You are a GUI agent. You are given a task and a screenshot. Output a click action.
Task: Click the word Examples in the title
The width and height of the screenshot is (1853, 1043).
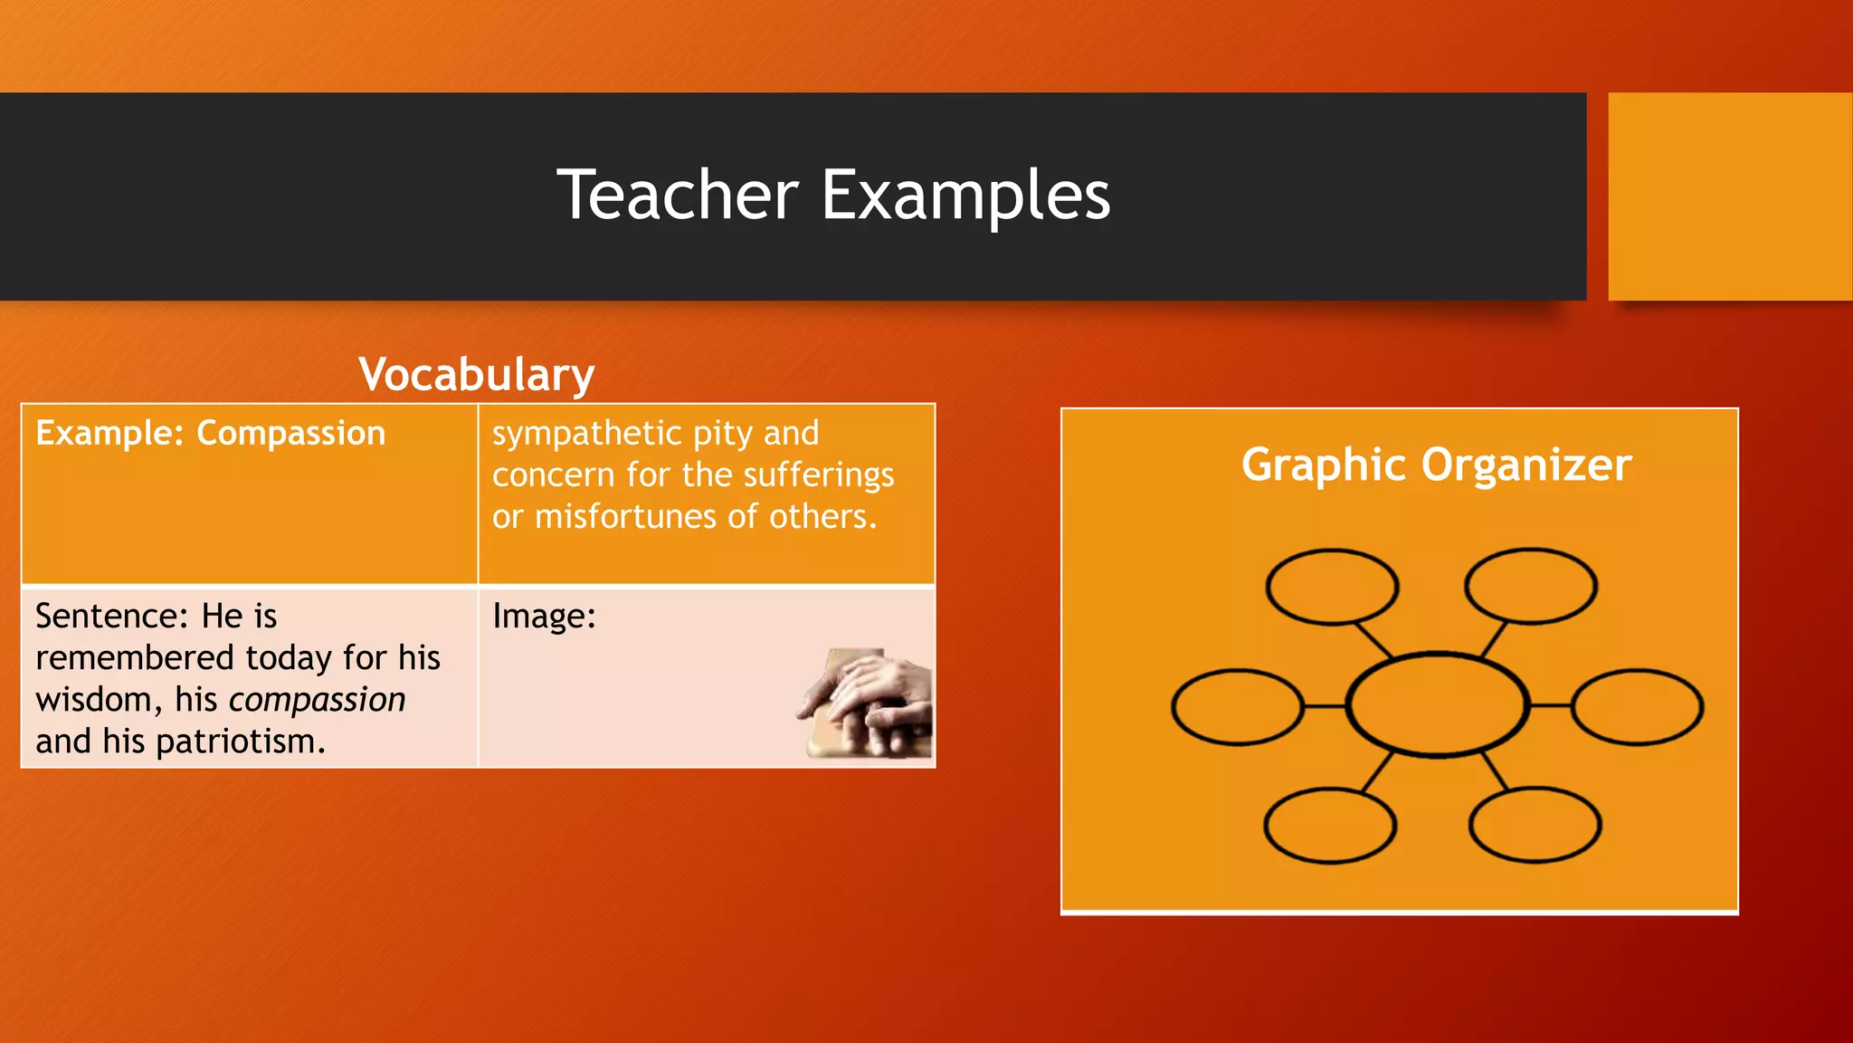[x=965, y=196]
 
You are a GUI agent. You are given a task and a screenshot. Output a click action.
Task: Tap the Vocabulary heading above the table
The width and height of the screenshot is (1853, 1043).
[x=476, y=375]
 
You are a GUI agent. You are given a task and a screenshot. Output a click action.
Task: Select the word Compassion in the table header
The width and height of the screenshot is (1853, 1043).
[x=291, y=434]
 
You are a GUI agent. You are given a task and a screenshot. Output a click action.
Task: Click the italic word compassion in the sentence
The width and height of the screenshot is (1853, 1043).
[x=317, y=700]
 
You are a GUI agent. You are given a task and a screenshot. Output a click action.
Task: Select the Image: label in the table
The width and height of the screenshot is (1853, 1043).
[x=544, y=617]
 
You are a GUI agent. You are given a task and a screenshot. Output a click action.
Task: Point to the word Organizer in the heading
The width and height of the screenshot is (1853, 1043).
[x=1526, y=465]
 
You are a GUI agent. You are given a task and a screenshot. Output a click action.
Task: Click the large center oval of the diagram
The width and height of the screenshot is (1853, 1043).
[x=1437, y=704]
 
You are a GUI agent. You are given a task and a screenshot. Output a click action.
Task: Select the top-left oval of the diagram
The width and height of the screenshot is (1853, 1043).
[x=1332, y=587]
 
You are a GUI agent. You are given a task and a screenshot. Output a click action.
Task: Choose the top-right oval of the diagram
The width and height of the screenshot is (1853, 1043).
[x=1531, y=586]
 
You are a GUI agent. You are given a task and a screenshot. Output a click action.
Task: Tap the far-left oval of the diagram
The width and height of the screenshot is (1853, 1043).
[x=1237, y=707]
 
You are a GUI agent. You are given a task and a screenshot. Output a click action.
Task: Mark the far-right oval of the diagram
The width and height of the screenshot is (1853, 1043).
[x=1637, y=706]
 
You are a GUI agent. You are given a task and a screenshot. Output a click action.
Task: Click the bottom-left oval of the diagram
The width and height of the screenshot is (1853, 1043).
[x=1329, y=825]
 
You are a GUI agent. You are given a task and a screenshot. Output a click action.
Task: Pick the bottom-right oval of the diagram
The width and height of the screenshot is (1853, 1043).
[x=1535, y=824]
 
